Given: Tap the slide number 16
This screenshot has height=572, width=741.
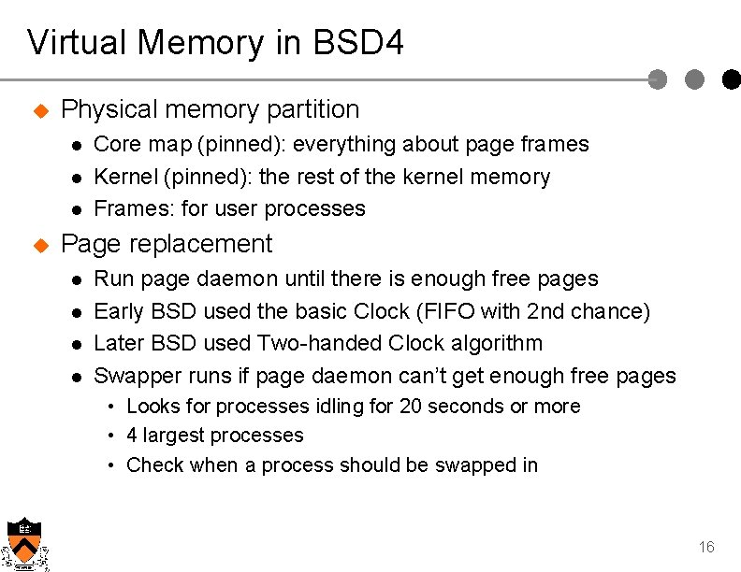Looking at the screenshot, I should [x=706, y=547].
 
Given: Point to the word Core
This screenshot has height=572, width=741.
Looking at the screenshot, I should [x=114, y=144].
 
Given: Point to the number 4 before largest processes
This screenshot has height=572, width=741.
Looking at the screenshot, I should [x=132, y=436].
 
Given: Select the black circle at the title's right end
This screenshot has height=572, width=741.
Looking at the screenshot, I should [x=731, y=80].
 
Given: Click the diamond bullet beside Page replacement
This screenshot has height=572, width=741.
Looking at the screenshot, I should [x=40, y=246].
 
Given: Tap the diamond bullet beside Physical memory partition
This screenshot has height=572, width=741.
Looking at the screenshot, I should [x=40, y=111].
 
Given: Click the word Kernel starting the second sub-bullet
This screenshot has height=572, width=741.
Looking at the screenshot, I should [x=126, y=177].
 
